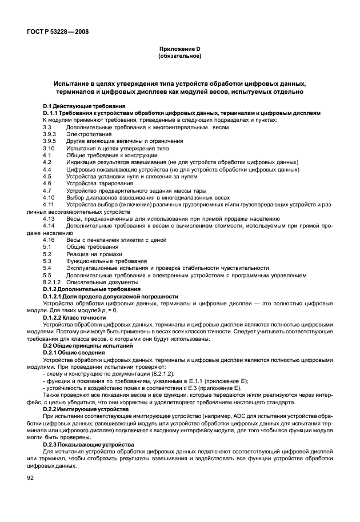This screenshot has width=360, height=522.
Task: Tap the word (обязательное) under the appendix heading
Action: (179, 57)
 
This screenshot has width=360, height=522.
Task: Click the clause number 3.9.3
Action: (49, 134)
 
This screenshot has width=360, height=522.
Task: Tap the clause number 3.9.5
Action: (49, 141)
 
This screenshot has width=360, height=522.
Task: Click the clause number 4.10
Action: (48, 197)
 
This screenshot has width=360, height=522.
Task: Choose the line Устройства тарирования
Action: (95, 183)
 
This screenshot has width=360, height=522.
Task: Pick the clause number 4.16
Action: (48, 240)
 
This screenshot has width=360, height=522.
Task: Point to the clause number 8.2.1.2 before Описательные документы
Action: (52, 282)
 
